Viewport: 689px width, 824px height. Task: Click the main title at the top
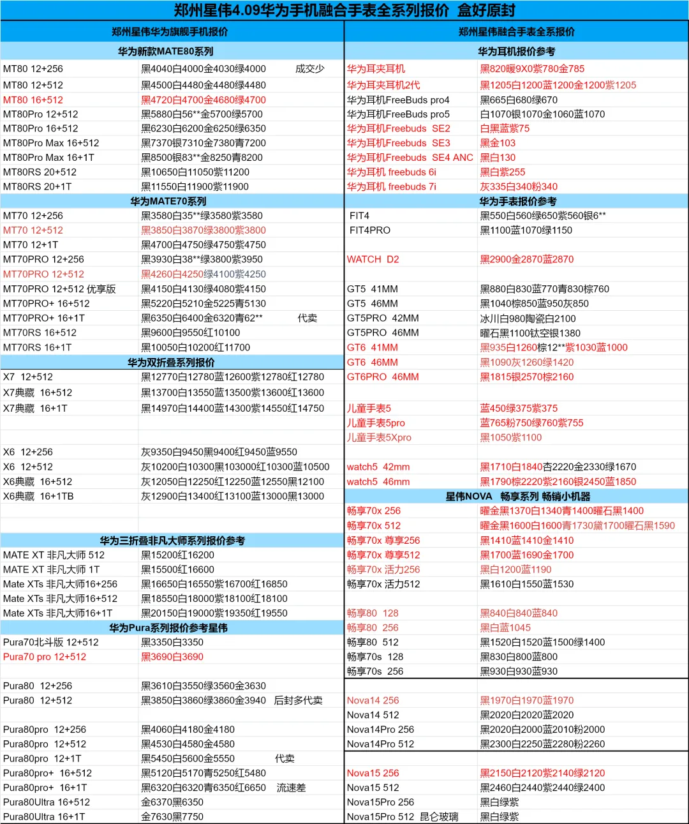coord(344,10)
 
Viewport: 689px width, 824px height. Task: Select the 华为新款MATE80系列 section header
coord(166,52)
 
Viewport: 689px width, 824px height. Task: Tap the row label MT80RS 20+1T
coord(38,186)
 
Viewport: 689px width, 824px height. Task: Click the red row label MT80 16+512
coord(33,100)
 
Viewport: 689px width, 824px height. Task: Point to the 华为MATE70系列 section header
coord(168,201)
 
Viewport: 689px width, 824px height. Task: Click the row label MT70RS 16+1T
coord(38,347)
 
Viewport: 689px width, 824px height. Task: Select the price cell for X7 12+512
coord(232,377)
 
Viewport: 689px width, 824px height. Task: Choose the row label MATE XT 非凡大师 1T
coord(52,569)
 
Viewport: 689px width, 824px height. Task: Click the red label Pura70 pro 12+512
coord(45,657)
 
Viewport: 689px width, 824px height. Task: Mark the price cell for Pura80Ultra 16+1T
coord(172,816)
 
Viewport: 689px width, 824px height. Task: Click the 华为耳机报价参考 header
coord(517,52)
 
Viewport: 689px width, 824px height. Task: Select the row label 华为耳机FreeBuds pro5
coord(398,114)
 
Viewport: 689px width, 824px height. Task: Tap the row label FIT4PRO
coord(370,230)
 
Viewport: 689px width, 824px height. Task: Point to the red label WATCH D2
coord(373,259)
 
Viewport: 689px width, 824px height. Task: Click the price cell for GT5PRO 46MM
coord(530,333)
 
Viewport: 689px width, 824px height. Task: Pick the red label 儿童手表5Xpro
coord(379,437)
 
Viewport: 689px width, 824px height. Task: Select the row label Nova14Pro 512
coord(380,744)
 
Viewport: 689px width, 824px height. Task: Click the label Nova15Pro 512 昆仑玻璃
coord(403,816)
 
